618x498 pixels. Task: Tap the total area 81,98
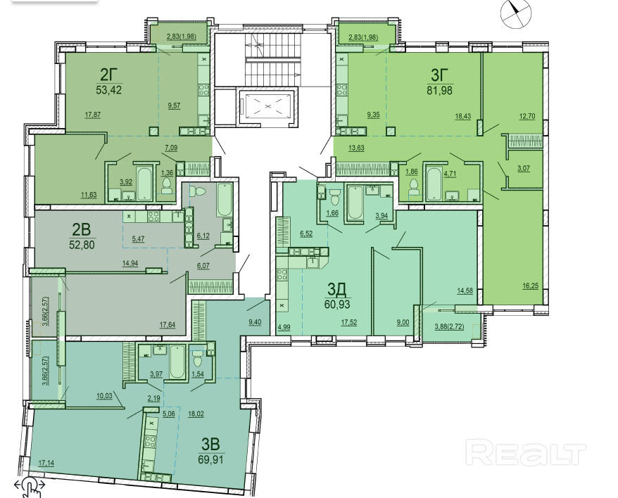(439, 90)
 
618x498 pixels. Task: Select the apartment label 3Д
(337, 290)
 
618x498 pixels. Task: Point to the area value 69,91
(212, 459)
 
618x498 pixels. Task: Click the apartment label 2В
(81, 229)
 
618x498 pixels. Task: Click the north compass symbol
(515, 13)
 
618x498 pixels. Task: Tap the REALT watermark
(526, 453)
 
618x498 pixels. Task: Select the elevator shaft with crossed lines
(267, 106)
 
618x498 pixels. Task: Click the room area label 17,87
(93, 115)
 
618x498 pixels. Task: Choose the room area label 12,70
(527, 116)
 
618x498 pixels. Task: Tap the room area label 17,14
(46, 464)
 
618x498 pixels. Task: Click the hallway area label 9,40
(255, 322)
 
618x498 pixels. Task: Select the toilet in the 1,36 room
(168, 186)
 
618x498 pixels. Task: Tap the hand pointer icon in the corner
(31, 487)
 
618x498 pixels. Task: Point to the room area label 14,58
(465, 291)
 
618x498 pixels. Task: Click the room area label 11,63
(89, 195)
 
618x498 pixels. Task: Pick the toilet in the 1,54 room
(197, 359)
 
